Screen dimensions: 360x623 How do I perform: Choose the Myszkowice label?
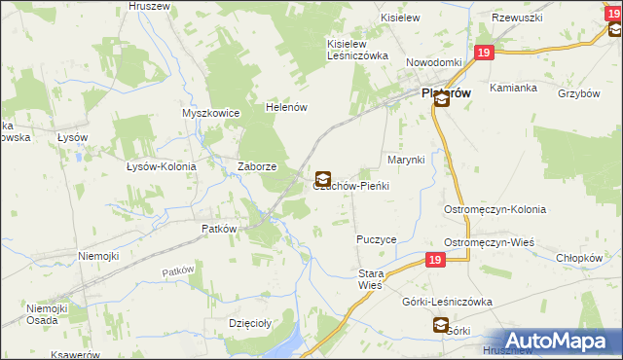pos(210,113)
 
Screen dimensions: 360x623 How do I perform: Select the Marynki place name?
pos(407,159)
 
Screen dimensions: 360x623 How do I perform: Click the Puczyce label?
pos(376,238)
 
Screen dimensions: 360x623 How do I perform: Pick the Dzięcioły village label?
pos(248,323)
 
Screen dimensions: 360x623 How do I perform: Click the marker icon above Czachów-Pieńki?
pos(322,178)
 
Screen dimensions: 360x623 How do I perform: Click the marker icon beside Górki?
pos(440,326)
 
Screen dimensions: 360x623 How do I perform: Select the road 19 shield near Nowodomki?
pos(483,54)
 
